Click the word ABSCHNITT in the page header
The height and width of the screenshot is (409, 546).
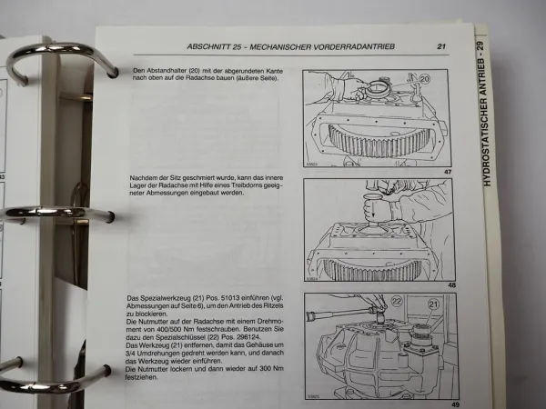209,47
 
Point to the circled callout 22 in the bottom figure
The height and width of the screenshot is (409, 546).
371,301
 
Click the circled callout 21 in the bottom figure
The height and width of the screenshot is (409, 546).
432,306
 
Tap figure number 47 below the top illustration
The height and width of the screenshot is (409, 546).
446,171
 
